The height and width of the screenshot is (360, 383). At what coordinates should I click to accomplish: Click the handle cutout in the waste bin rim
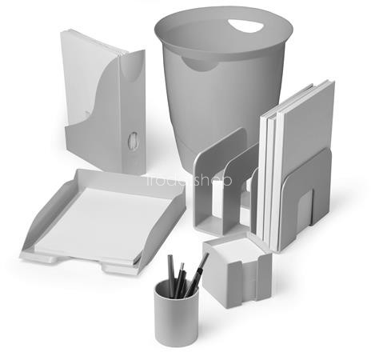click(x=247, y=26)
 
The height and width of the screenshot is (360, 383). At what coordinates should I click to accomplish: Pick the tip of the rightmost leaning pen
click(x=206, y=255)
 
